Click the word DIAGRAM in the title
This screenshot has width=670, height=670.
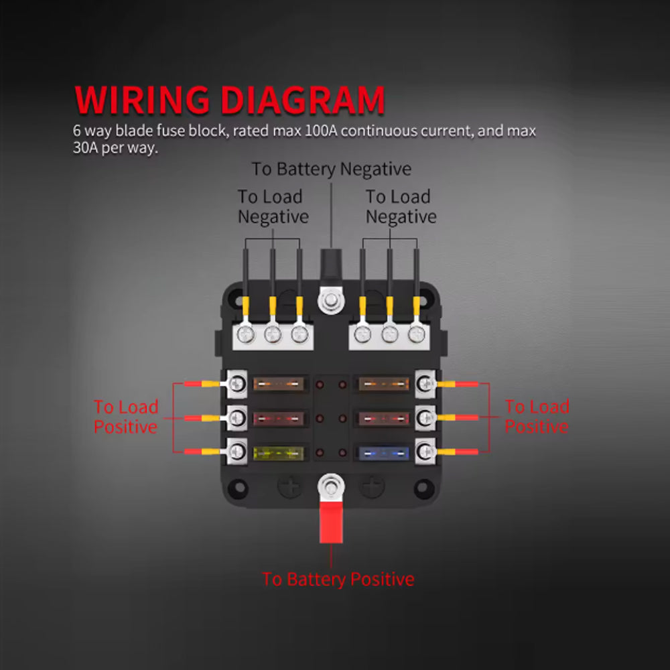pos(303,100)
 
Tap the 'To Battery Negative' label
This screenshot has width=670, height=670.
pos(332,169)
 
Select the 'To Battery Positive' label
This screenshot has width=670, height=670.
pos(338,580)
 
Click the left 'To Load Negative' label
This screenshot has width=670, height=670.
pos(273,206)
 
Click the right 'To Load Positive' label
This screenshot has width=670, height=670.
pos(537,417)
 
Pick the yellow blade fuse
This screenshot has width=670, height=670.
pos(279,453)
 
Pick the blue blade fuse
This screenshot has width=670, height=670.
pos(384,453)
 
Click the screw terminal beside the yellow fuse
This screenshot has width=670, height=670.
pos(237,452)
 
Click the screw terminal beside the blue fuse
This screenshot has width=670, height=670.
pos(425,452)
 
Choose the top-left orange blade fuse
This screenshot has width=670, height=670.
pos(279,384)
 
